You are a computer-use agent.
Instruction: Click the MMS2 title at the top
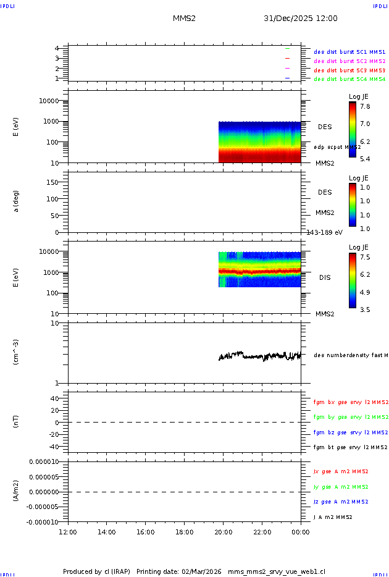tap(184, 19)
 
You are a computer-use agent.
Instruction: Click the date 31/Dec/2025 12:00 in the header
tap(300, 19)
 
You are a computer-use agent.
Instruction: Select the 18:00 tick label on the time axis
tap(184, 532)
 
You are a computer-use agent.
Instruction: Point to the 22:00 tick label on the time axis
tap(262, 532)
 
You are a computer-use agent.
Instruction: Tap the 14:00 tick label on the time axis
tap(107, 532)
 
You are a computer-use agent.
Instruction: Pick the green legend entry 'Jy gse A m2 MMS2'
tap(341, 487)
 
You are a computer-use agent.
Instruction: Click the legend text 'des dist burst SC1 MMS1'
tap(349, 53)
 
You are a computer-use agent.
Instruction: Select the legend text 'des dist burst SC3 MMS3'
tap(349, 70)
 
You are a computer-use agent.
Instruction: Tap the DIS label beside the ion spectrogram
tap(325, 277)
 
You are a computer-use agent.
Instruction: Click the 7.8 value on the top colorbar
tap(366, 106)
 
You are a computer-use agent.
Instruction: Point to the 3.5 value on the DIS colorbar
tap(366, 309)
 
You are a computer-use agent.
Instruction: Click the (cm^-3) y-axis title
tap(17, 352)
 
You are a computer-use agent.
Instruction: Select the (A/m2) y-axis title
tap(17, 492)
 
